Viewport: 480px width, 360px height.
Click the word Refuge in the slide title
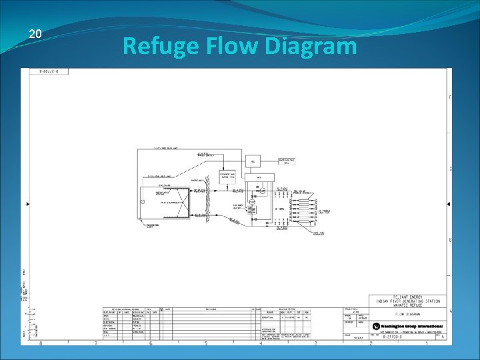click(157, 47)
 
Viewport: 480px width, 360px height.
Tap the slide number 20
click(36, 34)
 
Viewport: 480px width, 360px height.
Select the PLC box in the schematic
click(253, 161)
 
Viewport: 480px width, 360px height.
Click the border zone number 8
click(41, 343)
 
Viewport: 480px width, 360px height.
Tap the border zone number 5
click(205, 343)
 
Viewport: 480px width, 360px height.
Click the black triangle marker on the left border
click(27, 203)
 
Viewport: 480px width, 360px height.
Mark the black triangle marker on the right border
click(448, 203)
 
